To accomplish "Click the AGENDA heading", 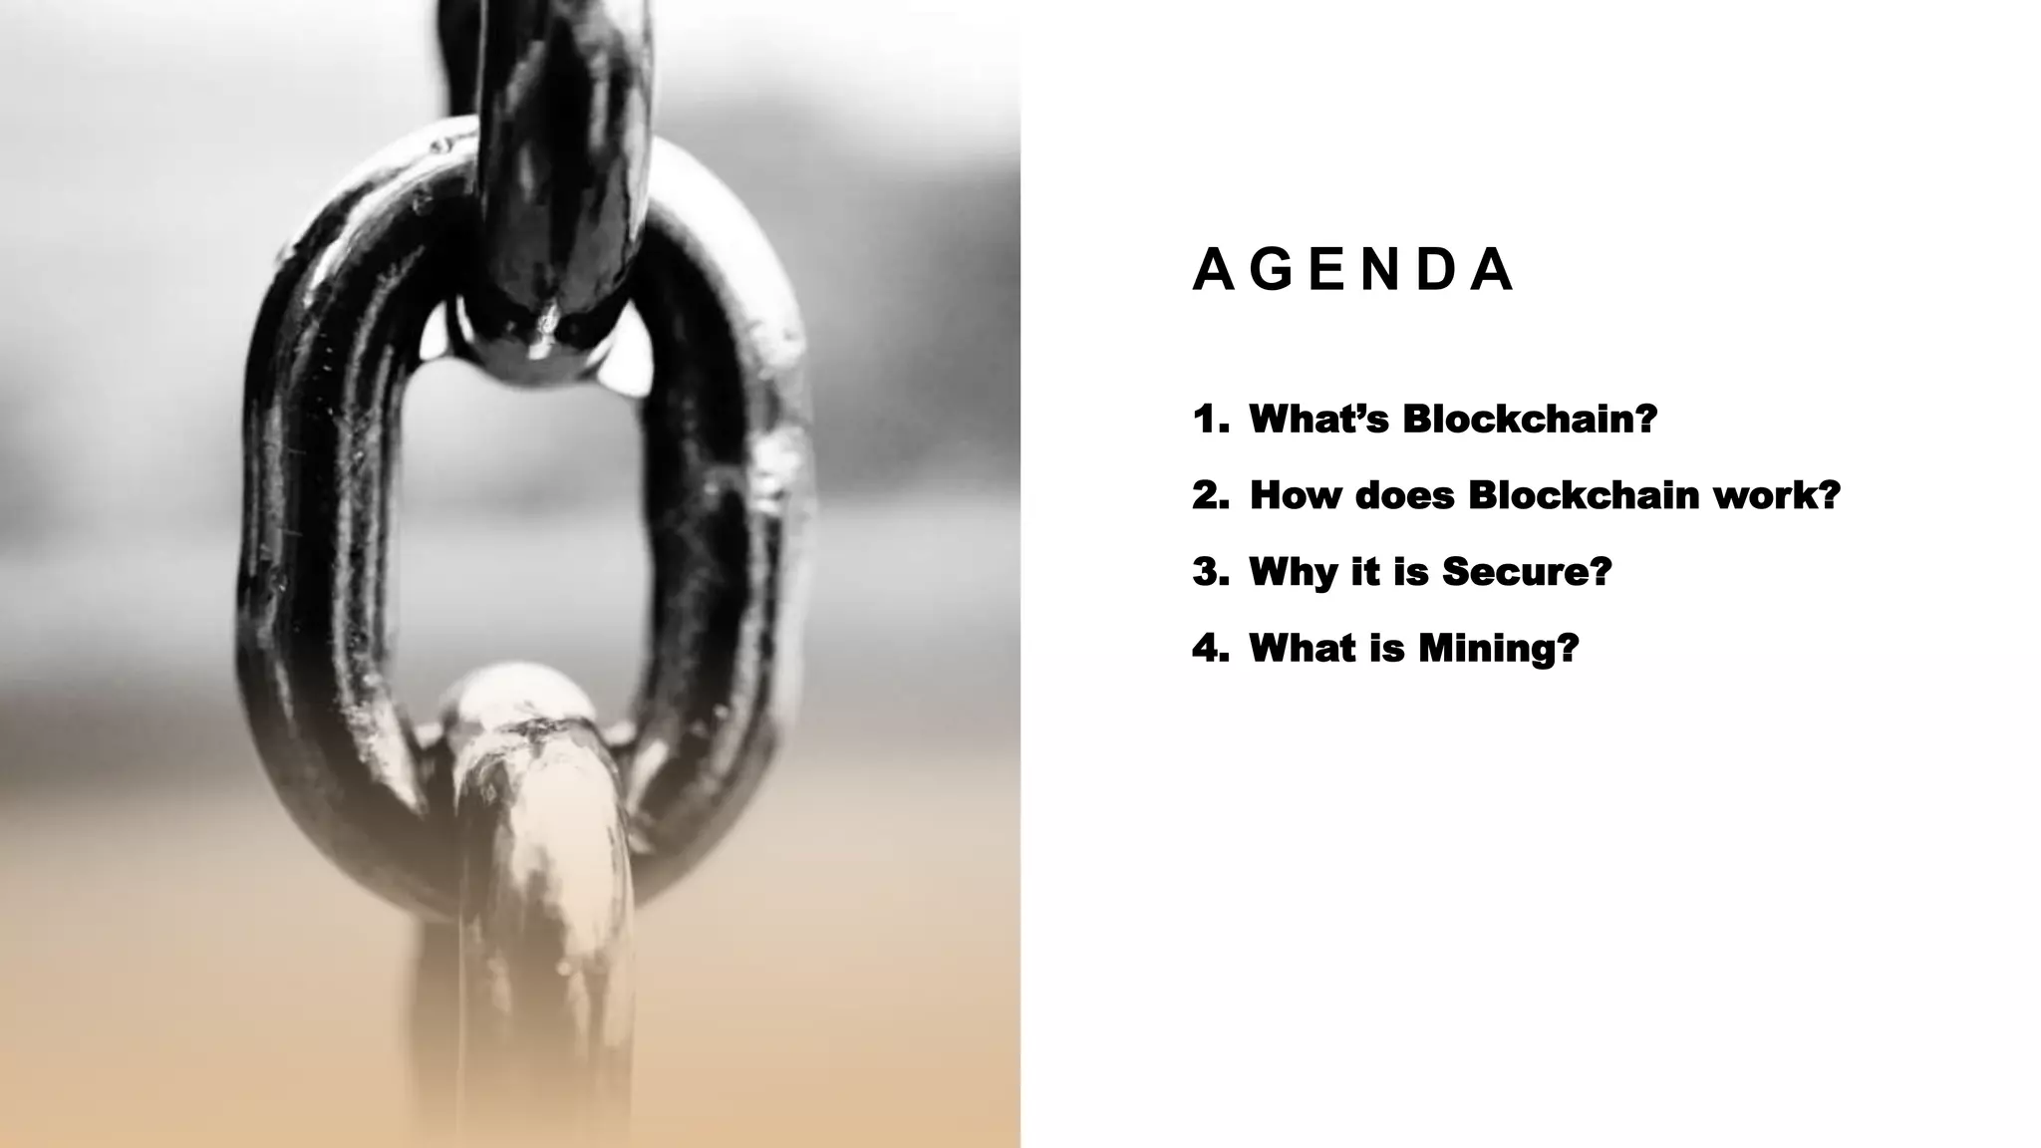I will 1352,270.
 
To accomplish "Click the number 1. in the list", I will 1210,420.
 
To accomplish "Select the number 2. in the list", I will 1210,495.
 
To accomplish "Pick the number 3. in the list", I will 1210,572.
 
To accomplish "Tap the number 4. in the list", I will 1210,649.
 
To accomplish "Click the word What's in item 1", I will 1317,420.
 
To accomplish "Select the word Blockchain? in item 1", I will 1530,420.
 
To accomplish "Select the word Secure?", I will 1527,572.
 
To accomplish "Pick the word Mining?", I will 1499,649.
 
